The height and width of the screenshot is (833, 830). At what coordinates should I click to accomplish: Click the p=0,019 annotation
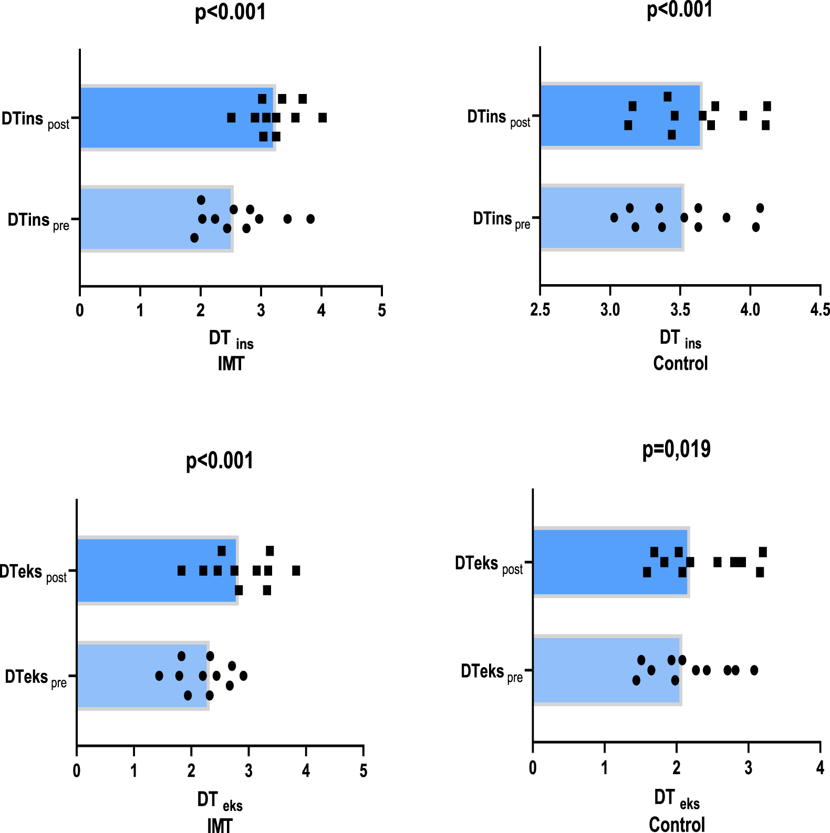click(x=676, y=450)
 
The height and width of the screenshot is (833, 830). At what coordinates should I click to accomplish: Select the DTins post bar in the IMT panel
click(x=158, y=118)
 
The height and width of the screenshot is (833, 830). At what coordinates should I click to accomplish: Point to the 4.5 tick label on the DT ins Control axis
click(x=819, y=309)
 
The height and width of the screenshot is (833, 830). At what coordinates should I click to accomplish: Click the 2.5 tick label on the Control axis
click(x=540, y=309)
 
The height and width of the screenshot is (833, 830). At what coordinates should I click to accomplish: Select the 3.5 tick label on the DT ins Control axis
click(x=680, y=309)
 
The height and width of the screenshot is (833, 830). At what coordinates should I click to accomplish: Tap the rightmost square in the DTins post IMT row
click(x=323, y=118)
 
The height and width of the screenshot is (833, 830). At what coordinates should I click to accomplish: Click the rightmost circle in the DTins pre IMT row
click(x=310, y=219)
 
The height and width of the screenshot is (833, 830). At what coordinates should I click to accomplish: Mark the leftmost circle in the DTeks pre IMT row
click(x=159, y=675)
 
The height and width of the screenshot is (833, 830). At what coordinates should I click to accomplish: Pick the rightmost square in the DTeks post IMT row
click(x=296, y=570)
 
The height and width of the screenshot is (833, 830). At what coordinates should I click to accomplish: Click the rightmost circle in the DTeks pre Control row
click(x=754, y=670)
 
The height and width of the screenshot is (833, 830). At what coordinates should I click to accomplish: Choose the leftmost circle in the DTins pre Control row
click(x=614, y=217)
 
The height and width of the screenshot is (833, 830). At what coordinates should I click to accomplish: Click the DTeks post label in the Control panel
click(x=489, y=565)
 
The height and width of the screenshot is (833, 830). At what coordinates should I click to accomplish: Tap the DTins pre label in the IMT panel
click(x=38, y=221)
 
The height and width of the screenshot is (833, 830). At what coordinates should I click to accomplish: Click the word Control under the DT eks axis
click(x=677, y=824)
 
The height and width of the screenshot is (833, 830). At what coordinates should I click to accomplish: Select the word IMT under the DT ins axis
click(x=231, y=363)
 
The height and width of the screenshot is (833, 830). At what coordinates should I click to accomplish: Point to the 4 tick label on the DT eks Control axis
click(x=820, y=767)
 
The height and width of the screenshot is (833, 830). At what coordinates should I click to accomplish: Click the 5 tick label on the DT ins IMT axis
click(x=382, y=310)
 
